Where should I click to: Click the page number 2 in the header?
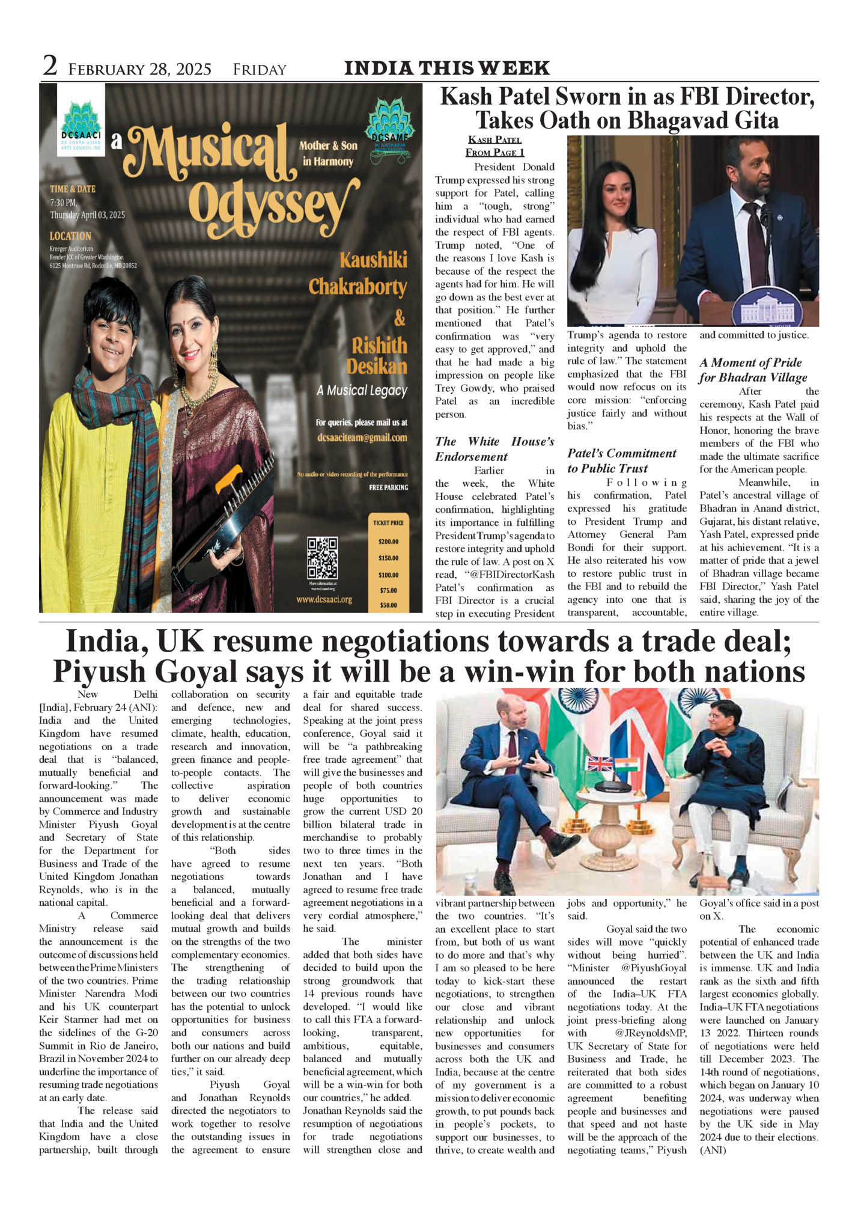pos(50,66)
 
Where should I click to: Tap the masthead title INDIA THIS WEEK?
pos(446,67)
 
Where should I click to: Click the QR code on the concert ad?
pos(322,557)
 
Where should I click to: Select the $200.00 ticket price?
pos(388,542)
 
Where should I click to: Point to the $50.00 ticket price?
pos(388,605)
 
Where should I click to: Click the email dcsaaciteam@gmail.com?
pos(362,438)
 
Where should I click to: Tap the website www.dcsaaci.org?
pos(324,599)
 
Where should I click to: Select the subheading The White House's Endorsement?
pos(494,449)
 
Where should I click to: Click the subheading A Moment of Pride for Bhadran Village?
pos(752,370)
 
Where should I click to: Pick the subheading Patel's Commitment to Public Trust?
pos(621,461)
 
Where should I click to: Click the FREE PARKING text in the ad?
pos(388,487)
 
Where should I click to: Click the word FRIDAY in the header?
pos(260,70)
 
